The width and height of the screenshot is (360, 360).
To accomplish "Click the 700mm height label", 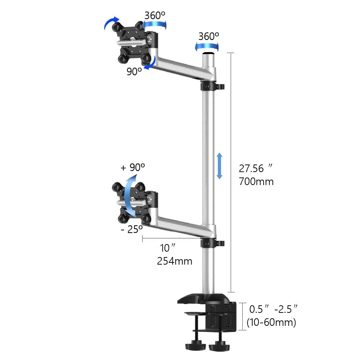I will point(256,182).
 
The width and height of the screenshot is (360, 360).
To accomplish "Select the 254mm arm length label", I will point(175,261).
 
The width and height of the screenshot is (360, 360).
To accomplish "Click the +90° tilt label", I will point(132,167).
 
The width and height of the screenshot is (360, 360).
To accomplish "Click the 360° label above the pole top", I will point(208,36).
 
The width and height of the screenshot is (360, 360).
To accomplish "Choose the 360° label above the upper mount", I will point(155,15).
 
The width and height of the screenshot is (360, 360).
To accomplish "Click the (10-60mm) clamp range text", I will point(271,322).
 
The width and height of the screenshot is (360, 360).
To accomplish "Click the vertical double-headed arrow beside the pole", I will point(219,166).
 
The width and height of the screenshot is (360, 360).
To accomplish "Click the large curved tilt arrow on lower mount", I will point(130,194).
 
